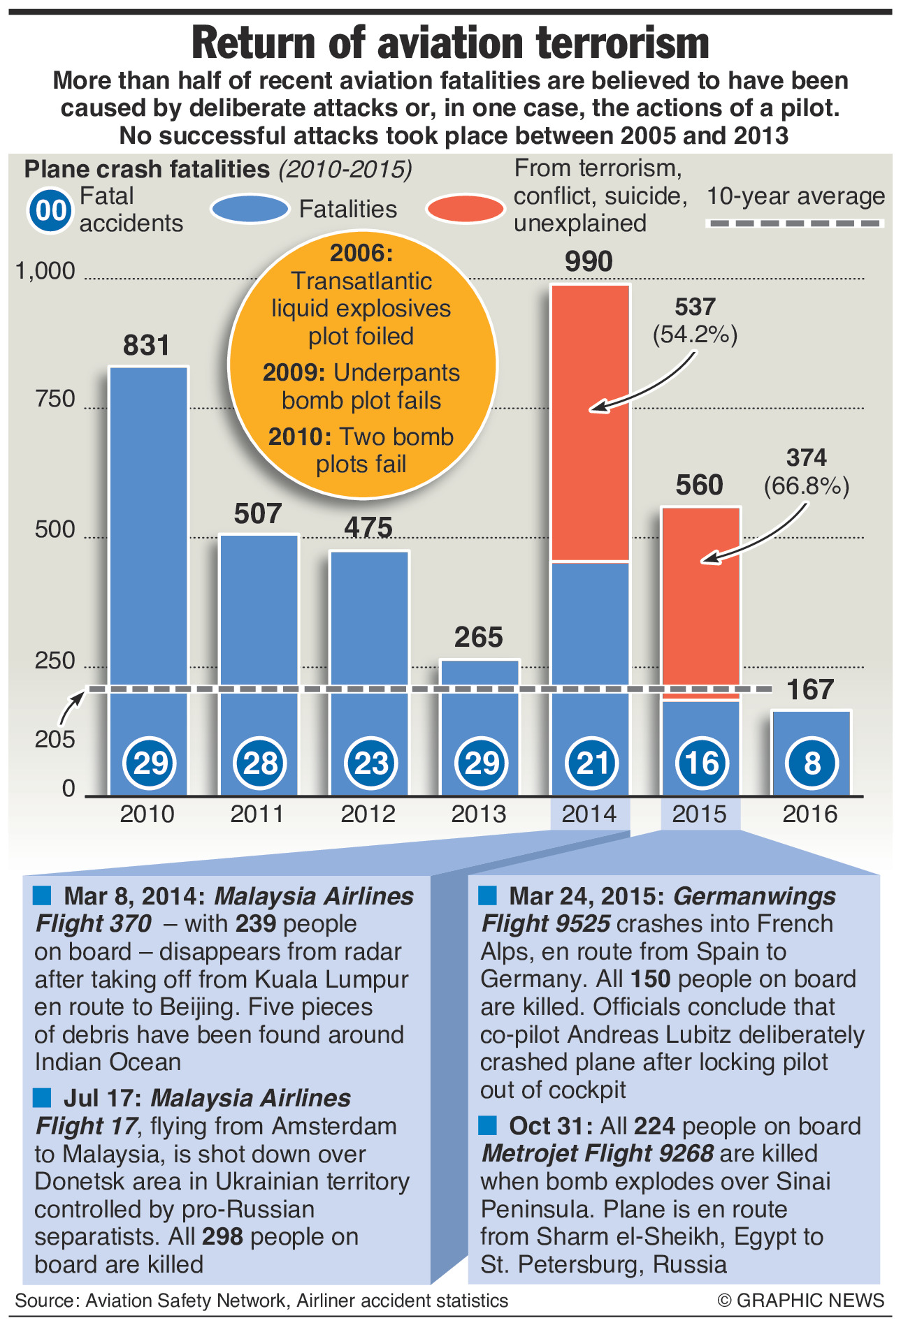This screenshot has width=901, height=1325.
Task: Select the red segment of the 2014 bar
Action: pos(590,423)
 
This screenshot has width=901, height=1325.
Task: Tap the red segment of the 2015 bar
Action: pos(700,601)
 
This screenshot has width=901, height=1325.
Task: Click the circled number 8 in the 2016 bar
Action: pos(812,763)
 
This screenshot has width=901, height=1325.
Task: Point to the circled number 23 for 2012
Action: pos(370,763)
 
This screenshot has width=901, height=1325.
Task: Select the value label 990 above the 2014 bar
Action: pos(589,262)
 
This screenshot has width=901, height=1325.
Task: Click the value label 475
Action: pos(368,527)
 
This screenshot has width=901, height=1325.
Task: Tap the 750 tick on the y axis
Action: pos(55,399)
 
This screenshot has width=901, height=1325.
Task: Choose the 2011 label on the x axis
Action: pos(258,814)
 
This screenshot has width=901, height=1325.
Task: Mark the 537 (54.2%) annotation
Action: pos(695,321)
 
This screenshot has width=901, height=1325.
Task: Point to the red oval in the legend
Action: pos(466,209)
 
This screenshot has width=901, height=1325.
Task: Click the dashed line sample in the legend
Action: pos(795,224)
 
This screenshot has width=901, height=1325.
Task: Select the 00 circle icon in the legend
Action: pos(50,210)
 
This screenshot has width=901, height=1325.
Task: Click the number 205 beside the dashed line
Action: pos(55,739)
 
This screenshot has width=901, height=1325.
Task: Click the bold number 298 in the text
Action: pos(222,1237)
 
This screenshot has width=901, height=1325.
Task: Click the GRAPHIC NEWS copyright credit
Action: pos(801,1301)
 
